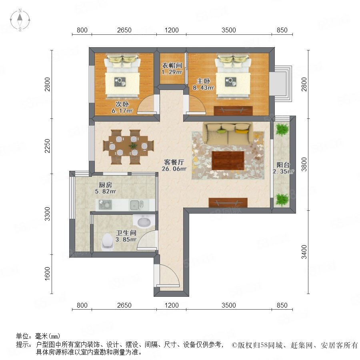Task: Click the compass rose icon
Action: click(20, 20)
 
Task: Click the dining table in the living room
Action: click(128, 147)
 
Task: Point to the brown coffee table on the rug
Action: click(228, 160)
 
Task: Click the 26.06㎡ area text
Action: click(174, 169)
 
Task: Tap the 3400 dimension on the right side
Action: click(304, 252)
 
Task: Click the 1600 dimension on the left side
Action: click(47, 274)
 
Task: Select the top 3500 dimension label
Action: click(229, 30)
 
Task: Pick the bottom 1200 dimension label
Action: click(172, 305)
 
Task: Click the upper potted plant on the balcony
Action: click(282, 130)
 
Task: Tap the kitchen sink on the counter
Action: click(137, 205)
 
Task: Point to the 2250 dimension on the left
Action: click(47, 146)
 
